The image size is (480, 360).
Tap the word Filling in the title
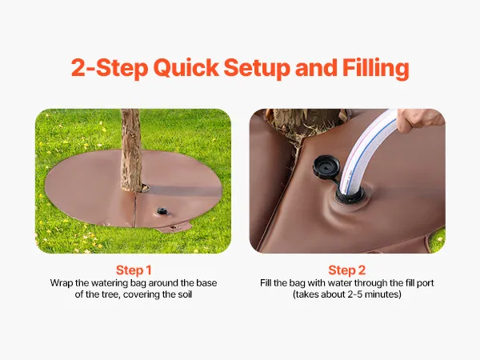tap(376, 69)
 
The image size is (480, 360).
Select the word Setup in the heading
tap(257, 69)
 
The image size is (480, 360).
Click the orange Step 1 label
tap(134, 270)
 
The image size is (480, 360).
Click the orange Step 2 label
tap(347, 270)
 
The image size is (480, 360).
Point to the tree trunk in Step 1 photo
tap(131, 150)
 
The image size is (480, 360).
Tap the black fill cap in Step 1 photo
tap(162, 211)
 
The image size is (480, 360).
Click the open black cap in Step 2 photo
tap(326, 167)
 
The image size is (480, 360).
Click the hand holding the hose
tap(418, 120)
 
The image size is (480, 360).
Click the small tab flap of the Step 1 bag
tap(177, 227)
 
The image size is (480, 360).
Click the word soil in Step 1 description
tap(185, 294)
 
